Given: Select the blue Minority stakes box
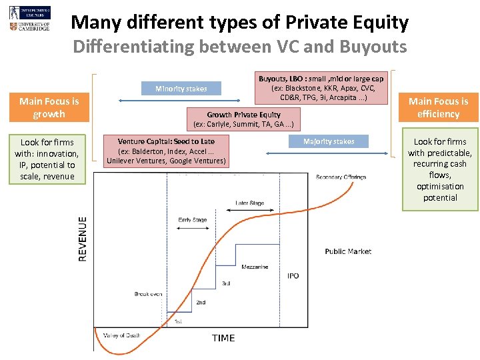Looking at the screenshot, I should pos(181,89).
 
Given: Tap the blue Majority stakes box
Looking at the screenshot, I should pos(329,141).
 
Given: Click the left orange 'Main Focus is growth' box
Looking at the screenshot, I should pos(49,108).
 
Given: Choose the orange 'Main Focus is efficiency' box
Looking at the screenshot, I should pos(438,108).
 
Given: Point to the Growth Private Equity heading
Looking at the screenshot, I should pos(243,115).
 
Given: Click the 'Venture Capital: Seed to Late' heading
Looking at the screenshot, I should pos(166,141).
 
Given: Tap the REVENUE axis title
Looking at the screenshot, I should pos(83,238).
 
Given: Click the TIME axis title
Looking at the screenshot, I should pos(223,338).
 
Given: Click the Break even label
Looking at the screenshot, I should pos(148,294).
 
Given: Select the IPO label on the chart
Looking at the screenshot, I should pos(293,276).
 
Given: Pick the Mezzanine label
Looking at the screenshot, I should pos(255,267).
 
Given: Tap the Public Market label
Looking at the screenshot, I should pos(348,251).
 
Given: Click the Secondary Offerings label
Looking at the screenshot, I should pos(340,177).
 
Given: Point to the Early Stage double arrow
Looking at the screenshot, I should pos(193,228).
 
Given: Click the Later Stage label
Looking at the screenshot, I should pos(250,203).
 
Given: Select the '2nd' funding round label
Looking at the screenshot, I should pos(201,303).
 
